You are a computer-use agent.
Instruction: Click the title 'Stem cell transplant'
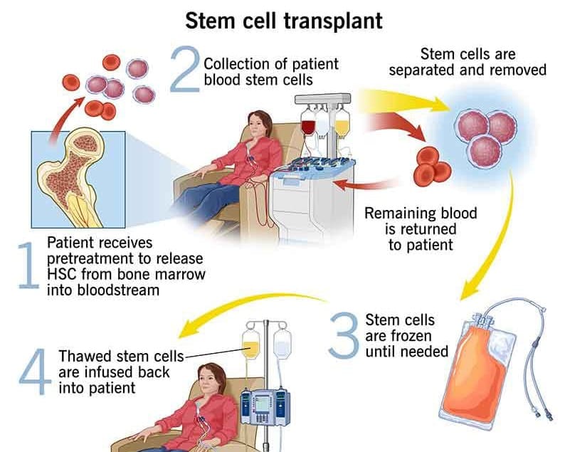(x=283, y=19)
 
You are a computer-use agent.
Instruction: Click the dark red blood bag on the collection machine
(x=308, y=126)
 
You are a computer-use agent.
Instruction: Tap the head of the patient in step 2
(x=258, y=125)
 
